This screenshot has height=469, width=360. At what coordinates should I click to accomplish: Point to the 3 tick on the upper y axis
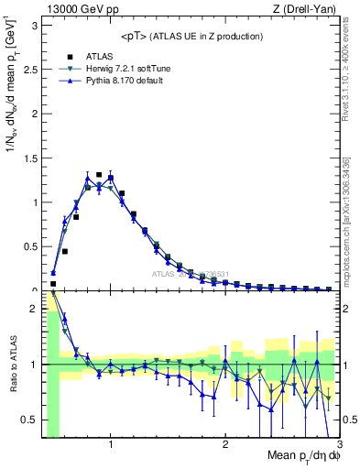(35, 25)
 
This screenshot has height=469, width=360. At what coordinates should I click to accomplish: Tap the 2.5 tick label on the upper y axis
(30, 69)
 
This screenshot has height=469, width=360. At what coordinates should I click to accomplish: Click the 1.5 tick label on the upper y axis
(30, 158)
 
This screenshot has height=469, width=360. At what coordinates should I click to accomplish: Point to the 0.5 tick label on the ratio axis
(30, 420)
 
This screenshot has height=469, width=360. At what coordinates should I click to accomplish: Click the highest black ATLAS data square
(99, 174)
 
